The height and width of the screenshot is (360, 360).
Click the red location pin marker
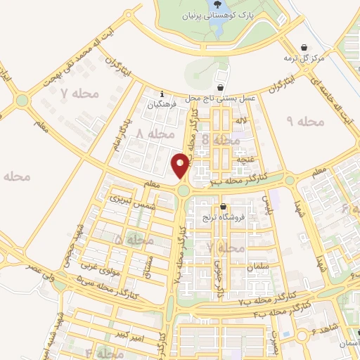[181, 165]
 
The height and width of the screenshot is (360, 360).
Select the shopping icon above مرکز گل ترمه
[303, 47]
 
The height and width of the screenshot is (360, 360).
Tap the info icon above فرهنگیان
[162, 94]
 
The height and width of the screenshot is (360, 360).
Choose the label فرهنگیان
[162, 105]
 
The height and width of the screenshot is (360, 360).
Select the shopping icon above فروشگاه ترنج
[223, 207]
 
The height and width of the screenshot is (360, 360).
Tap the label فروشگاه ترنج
[229, 218]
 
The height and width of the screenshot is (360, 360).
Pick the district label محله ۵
[134, 240]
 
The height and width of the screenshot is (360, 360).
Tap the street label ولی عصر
[39, 268]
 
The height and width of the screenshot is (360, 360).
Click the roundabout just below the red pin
[184, 190]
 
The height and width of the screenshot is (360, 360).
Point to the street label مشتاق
[147, 265]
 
